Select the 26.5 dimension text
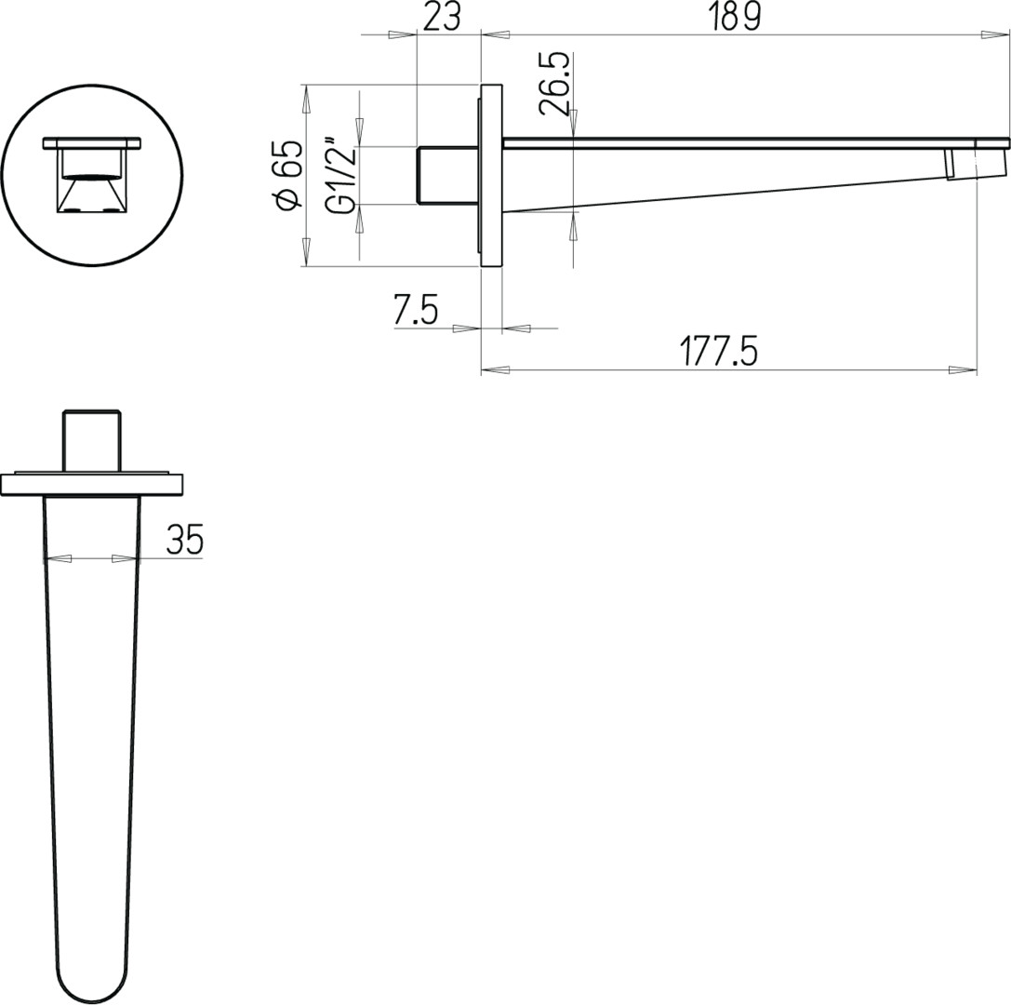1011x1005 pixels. [556, 84]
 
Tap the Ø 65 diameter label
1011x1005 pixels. [289, 175]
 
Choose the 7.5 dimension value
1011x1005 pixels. [416, 310]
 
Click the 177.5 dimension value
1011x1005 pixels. [720, 352]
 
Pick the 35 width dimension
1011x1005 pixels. [185, 540]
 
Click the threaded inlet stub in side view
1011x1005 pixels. [448, 175]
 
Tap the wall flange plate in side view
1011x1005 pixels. [491, 175]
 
